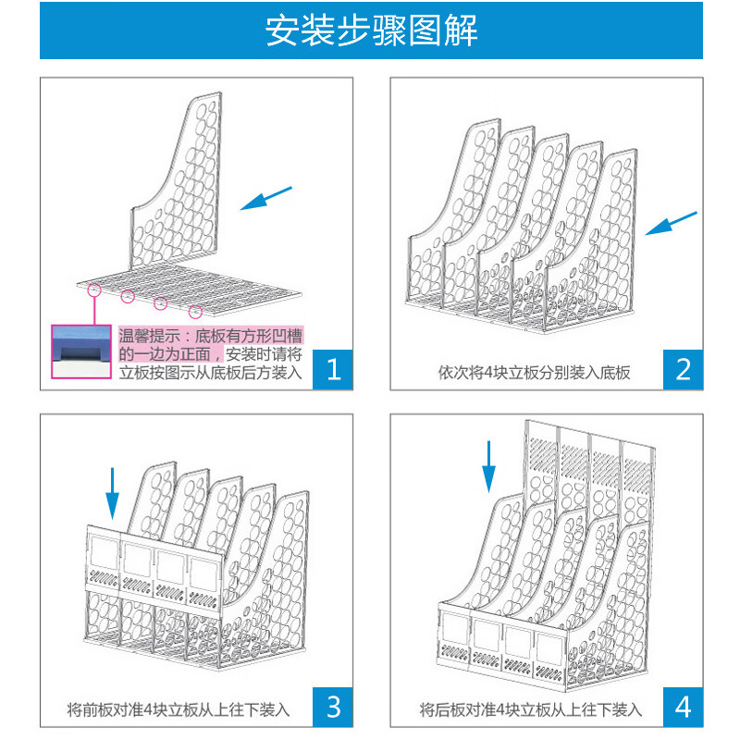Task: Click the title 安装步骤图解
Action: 371,31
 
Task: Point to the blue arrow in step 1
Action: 265,199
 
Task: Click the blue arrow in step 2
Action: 671,222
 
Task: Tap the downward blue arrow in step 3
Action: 112,492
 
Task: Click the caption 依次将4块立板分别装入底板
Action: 534,374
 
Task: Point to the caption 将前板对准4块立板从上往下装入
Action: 179,710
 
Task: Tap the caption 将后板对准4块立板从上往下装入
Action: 530,710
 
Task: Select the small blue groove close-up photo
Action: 81,351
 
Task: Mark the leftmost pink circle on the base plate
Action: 94,290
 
